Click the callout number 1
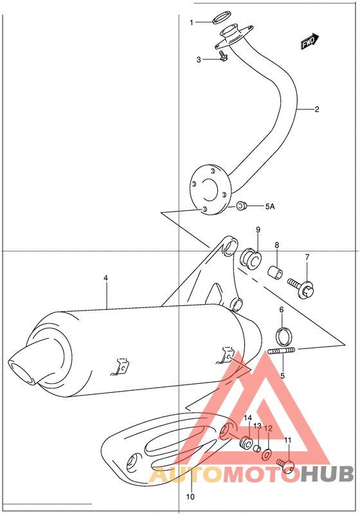tap(191, 23)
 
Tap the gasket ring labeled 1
tap(222, 18)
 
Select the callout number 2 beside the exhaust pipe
tap(316, 109)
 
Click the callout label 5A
tap(270, 206)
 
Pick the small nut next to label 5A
tap(242, 206)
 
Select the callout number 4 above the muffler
tap(106, 278)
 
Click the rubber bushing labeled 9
tap(251, 259)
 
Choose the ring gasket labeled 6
tap(282, 336)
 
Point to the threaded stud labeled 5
tap(282, 350)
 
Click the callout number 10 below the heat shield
tap(190, 496)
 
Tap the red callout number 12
tap(269, 428)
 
